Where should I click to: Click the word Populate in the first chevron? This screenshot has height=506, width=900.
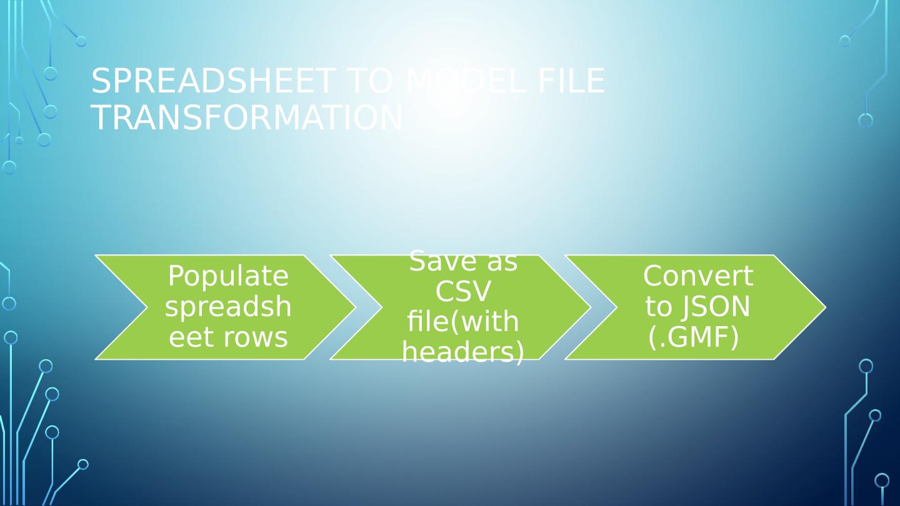228,276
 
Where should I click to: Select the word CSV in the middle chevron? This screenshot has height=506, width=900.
463,292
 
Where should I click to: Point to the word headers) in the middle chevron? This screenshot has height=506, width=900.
463,353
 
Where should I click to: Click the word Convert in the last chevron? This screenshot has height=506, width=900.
697,276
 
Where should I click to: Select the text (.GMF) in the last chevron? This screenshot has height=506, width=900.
694,337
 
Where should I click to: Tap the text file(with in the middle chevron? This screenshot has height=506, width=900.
463,322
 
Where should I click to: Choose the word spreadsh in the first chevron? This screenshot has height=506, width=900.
228,307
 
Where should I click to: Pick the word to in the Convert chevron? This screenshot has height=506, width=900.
658,307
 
